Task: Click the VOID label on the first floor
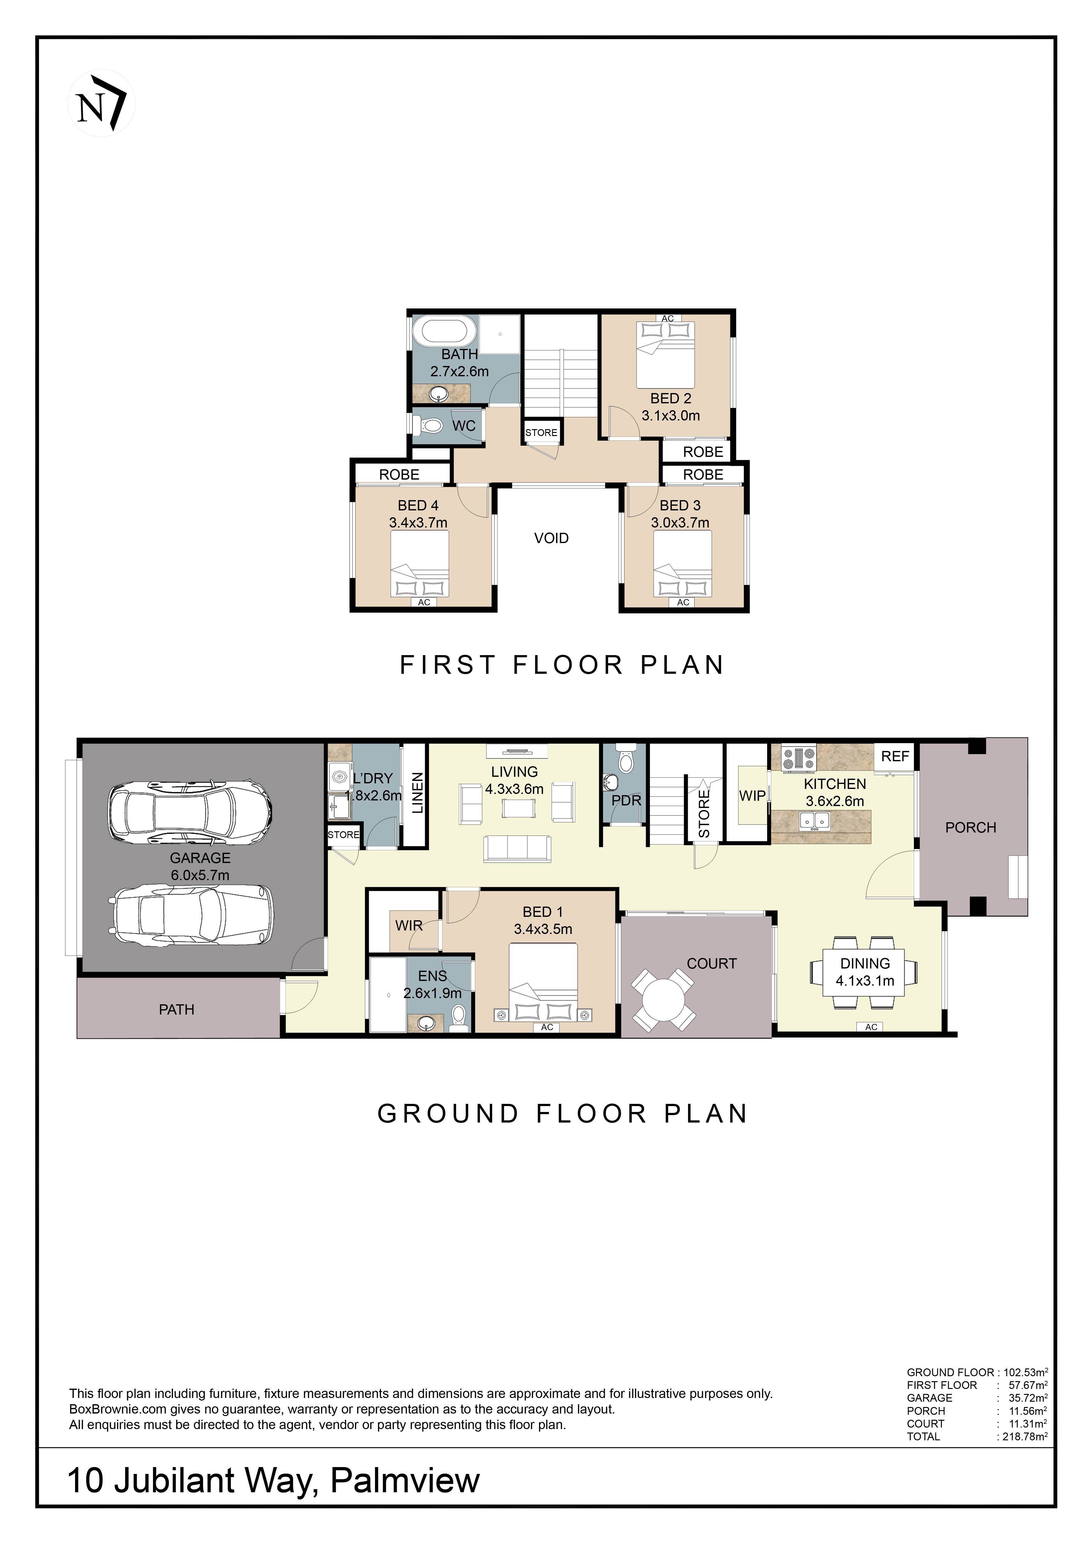551,538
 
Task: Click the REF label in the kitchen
895,756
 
